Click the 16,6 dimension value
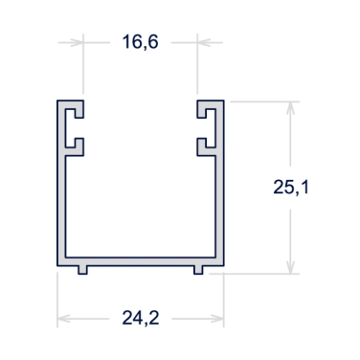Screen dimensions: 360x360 (140, 42)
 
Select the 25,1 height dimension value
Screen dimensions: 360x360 (291, 187)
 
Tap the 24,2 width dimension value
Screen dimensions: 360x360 (141, 318)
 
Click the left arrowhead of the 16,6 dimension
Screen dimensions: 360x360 (77, 42)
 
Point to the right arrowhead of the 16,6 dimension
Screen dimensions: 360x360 (204, 42)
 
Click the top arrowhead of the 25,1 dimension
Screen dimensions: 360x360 (290, 108)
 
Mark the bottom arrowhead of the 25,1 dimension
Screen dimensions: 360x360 (290, 267)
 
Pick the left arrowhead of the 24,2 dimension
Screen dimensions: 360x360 (64, 319)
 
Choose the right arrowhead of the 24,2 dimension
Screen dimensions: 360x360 (217, 319)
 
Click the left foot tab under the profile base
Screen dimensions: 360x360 (82, 270)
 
